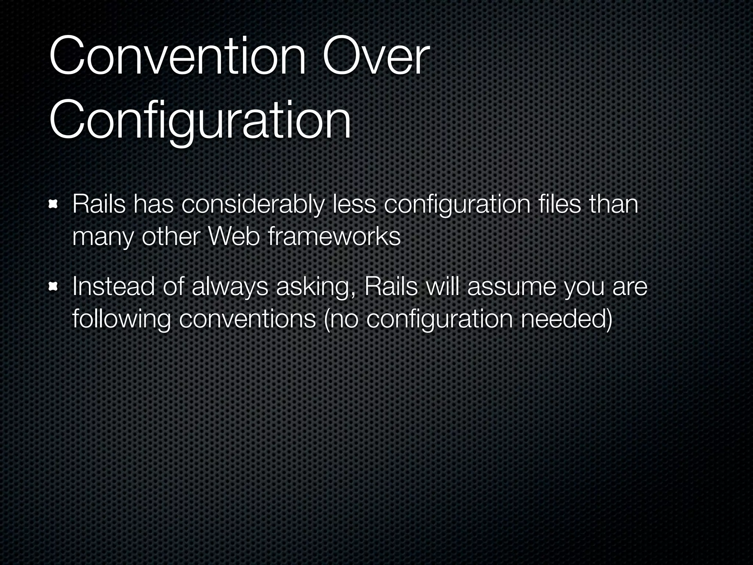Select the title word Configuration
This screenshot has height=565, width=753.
[x=200, y=120]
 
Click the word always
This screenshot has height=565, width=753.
[x=230, y=287]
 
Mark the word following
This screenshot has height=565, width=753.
[x=121, y=320]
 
